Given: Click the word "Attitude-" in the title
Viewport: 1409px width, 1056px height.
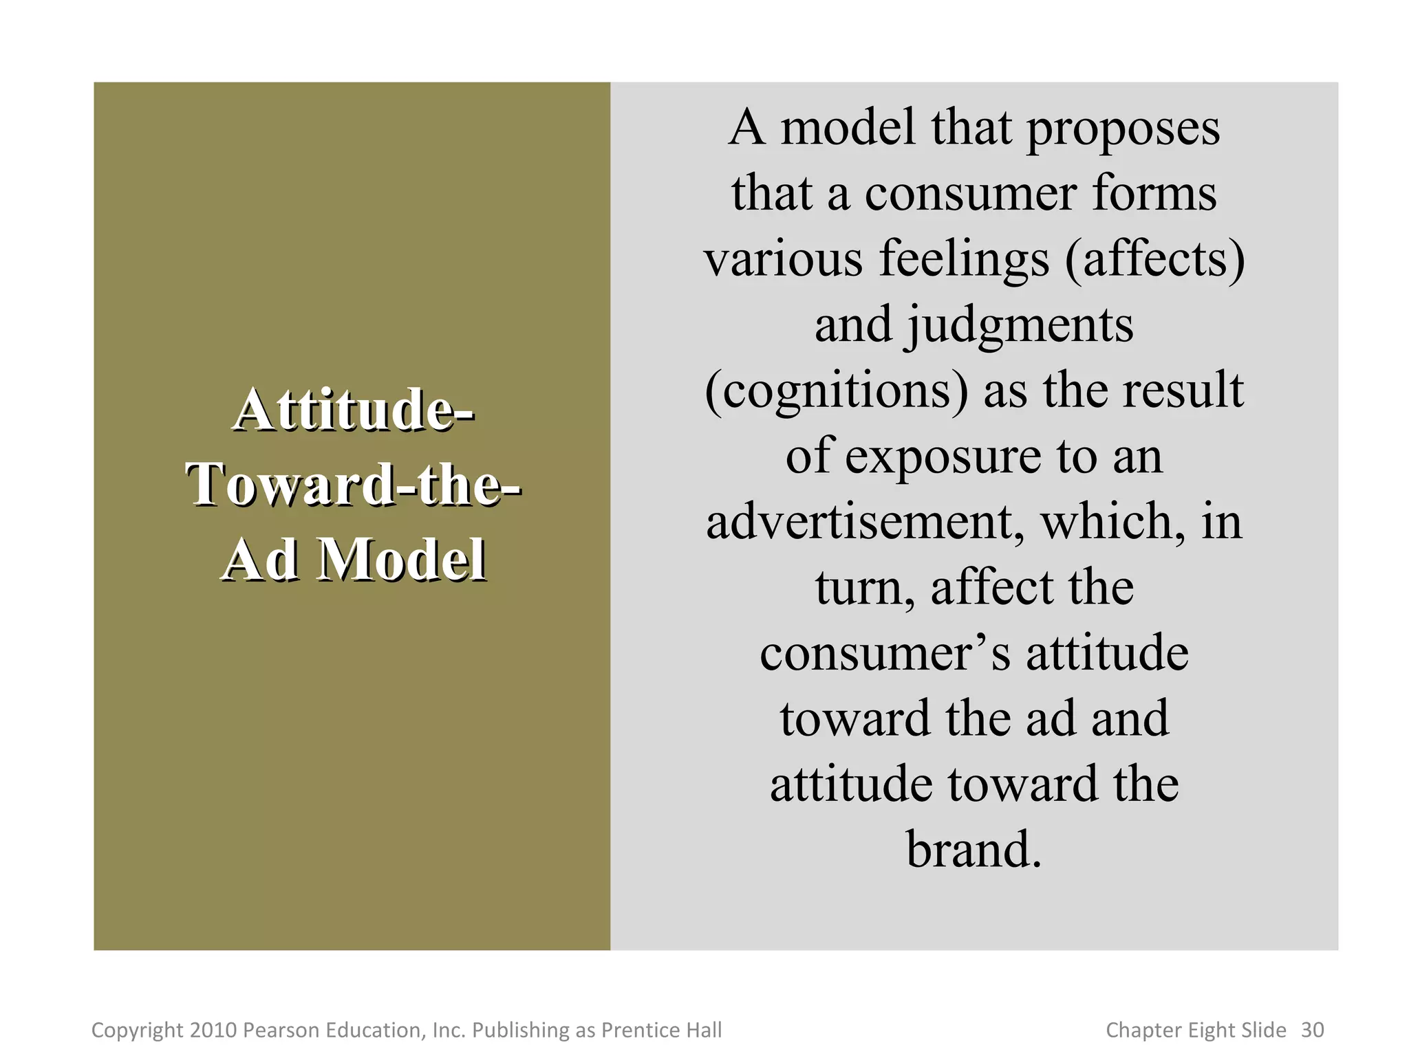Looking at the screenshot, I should [x=353, y=410].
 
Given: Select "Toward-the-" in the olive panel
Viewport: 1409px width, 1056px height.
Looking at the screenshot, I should [x=353, y=485].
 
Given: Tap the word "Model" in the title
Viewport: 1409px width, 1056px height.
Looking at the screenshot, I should [x=404, y=560].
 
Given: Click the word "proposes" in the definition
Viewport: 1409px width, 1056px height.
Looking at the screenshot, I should [x=1123, y=129].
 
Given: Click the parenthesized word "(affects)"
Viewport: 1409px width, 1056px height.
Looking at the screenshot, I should [x=1155, y=259].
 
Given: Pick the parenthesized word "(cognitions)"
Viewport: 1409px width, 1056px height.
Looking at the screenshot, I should [x=837, y=390].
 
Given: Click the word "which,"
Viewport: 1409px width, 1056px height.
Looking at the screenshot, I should [x=1113, y=522].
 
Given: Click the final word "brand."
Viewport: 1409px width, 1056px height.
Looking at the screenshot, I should [x=974, y=850].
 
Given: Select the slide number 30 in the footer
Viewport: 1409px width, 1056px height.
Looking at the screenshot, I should [x=1312, y=1030].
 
